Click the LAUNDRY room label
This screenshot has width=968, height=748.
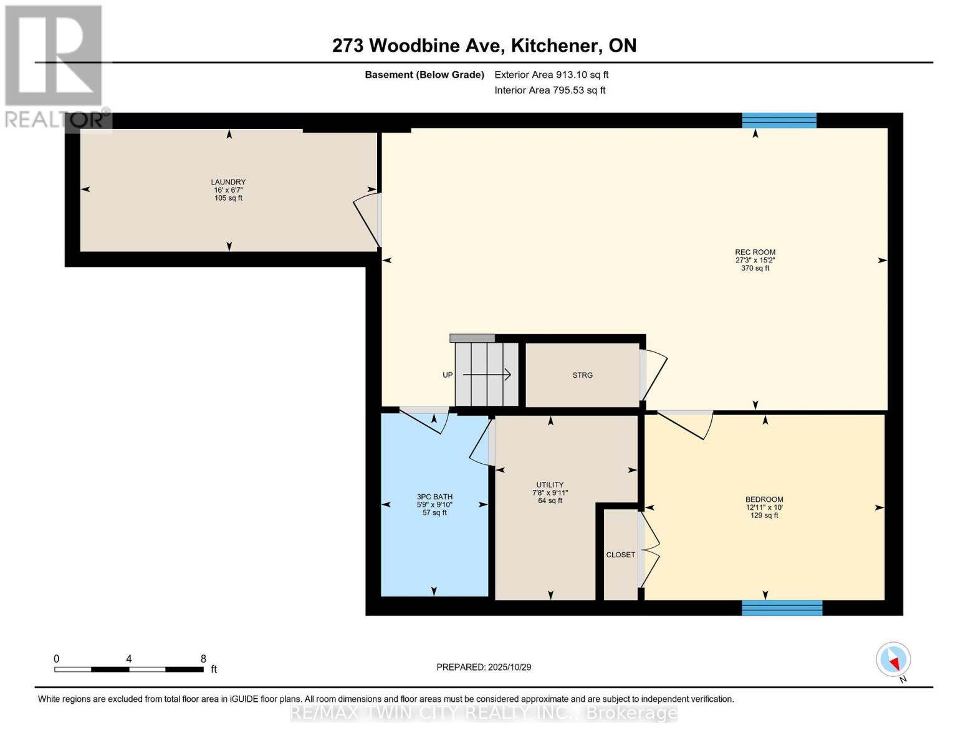coord(228,182)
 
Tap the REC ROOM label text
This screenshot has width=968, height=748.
coord(755,252)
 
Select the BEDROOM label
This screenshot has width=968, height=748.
coord(764,499)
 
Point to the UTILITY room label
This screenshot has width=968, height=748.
coord(550,485)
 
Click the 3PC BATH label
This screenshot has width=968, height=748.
coord(434,497)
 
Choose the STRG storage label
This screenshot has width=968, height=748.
coord(582,375)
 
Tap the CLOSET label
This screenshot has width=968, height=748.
coord(620,555)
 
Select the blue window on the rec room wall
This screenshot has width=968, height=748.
coord(779,120)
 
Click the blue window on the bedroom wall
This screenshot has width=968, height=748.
coord(782,608)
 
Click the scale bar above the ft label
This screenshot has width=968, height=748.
coord(129,669)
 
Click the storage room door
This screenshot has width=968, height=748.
coord(653,375)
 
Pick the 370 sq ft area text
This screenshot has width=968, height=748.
coord(755,269)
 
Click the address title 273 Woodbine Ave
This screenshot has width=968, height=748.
coord(484,46)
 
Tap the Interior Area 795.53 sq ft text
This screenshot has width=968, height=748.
coord(550,90)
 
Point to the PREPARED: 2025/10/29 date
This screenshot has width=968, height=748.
coord(484,667)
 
